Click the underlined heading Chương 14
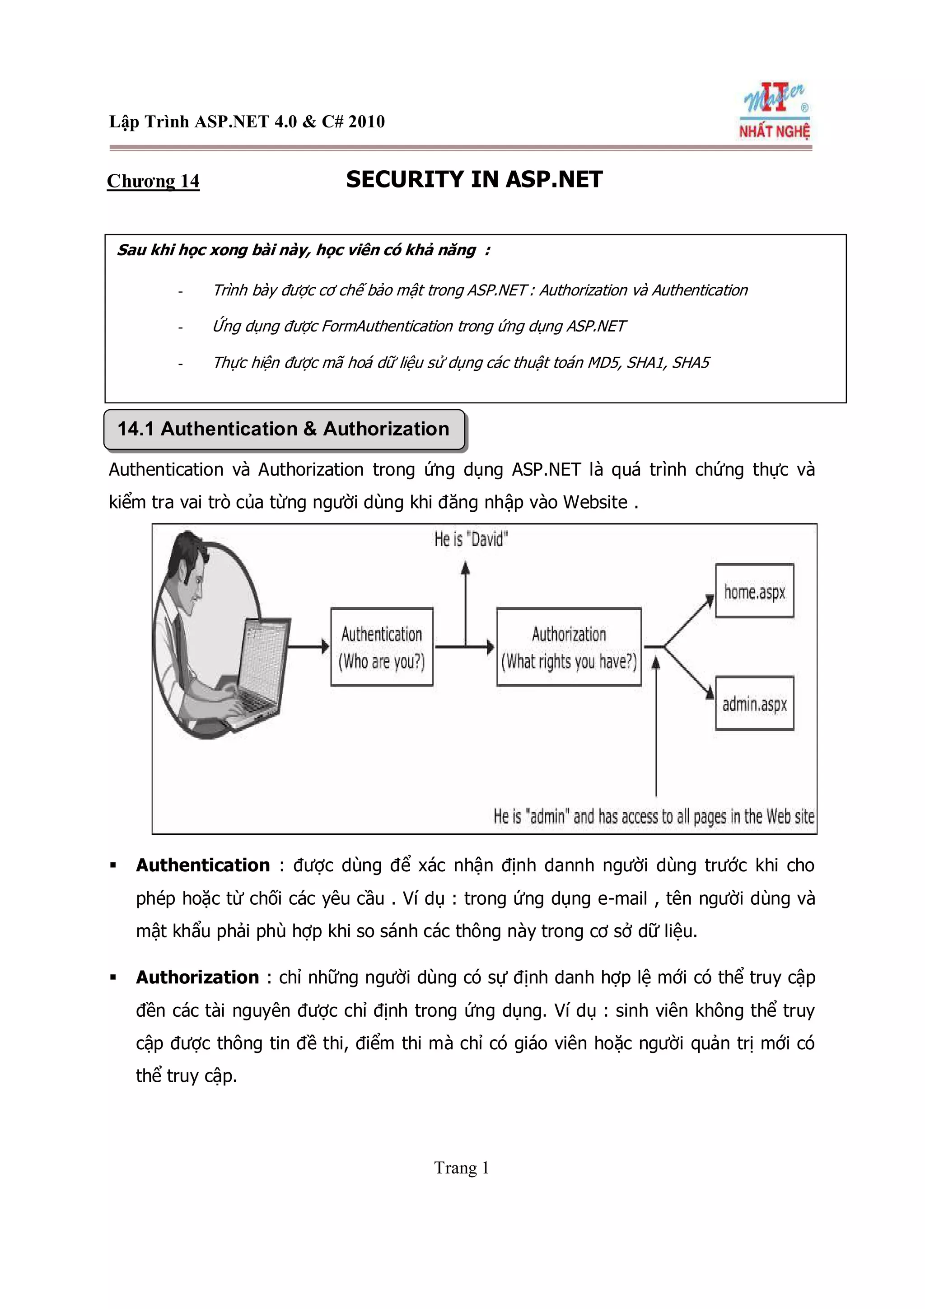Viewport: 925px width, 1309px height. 153,181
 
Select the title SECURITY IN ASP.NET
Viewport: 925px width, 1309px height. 474,180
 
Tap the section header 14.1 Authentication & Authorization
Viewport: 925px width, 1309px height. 283,429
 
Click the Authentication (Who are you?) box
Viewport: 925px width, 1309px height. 381,646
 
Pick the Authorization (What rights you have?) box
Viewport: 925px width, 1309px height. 568,646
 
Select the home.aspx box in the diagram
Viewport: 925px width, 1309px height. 754,591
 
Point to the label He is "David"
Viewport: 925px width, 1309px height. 471,539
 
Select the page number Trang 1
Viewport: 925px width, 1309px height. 462,1168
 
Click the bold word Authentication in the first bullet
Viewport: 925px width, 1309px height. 202,865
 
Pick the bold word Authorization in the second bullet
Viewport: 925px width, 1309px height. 197,977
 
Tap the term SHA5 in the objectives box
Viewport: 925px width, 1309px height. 691,363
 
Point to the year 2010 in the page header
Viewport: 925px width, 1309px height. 366,122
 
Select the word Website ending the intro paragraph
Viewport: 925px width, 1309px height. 595,502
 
